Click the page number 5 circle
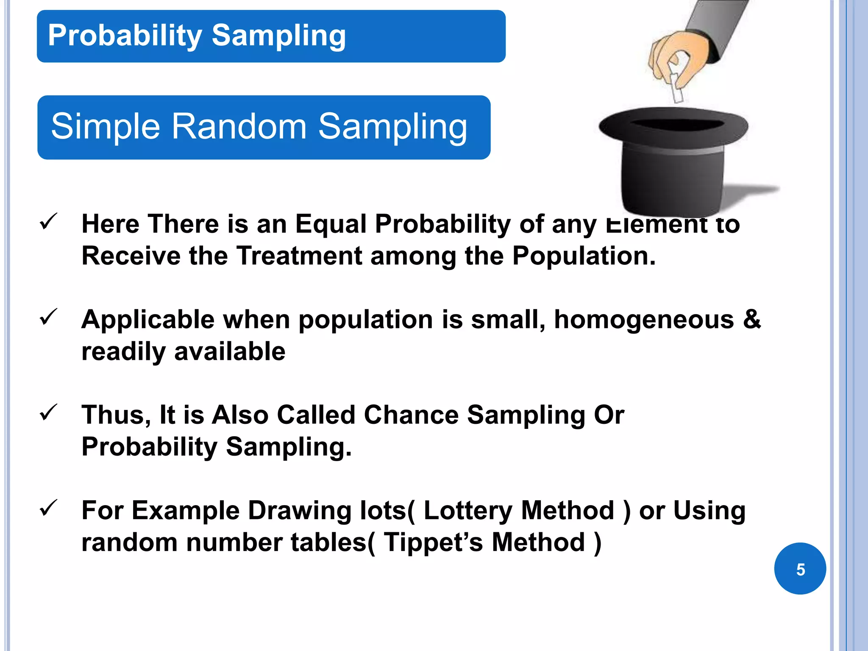click(800, 568)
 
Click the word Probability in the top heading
click(125, 36)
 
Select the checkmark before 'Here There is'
click(48, 221)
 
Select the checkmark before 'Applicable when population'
click(48, 317)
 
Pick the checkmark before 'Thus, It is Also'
click(48, 412)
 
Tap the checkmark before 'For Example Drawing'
click(48, 508)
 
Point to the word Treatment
click(299, 256)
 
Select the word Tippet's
click(433, 542)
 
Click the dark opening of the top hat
click(676, 125)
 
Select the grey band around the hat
click(674, 150)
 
